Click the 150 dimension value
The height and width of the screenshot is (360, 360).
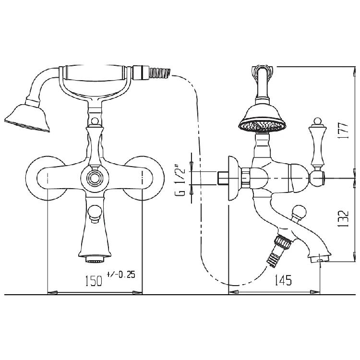(x=94, y=281)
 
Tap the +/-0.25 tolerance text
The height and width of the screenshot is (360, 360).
(x=121, y=275)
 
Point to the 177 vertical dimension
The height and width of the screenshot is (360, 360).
(x=343, y=131)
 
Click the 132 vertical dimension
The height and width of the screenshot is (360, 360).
(x=343, y=218)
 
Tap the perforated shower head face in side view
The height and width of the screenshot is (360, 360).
(x=263, y=126)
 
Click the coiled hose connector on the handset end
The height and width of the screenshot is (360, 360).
(x=160, y=72)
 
